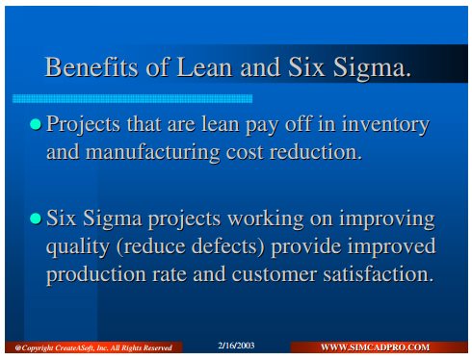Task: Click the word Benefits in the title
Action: pyautogui.click(x=92, y=66)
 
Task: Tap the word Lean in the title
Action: pyautogui.click(x=204, y=66)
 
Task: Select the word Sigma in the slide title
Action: pyautogui.click(x=372, y=68)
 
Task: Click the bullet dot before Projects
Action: pyautogui.click(x=36, y=124)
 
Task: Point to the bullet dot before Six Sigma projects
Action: pyautogui.click(x=36, y=219)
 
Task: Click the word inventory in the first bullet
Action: pyautogui.click(x=385, y=125)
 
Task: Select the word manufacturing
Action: pyautogui.click(x=152, y=153)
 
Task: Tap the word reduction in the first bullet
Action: pyautogui.click(x=316, y=152)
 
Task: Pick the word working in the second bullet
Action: pyautogui.click(x=266, y=219)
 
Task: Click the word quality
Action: pyautogui.click(x=78, y=247)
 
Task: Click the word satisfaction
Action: pyautogui.click(x=379, y=274)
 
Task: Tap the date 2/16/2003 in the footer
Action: pyautogui.click(x=236, y=346)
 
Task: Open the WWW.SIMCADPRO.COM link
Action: pyautogui.click(x=375, y=347)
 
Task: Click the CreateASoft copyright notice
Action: pyautogui.click(x=93, y=347)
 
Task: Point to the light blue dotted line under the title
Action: pyautogui.click(x=132, y=98)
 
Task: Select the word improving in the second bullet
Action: pyautogui.click(x=387, y=219)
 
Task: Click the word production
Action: pyautogui.click(x=96, y=276)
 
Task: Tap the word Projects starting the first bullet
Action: pyautogui.click(x=83, y=125)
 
